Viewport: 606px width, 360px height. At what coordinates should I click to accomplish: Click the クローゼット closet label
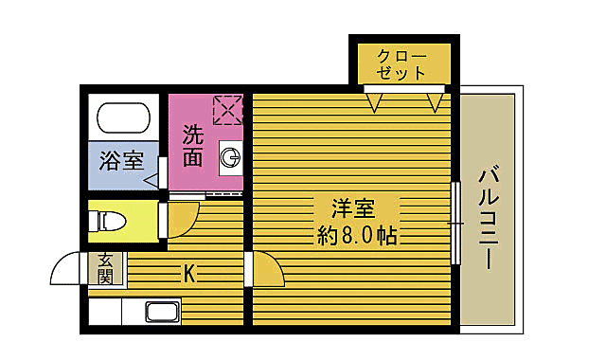[401, 63]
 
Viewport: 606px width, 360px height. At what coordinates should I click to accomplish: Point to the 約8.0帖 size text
[357, 235]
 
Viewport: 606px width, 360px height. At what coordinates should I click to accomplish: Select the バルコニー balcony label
[490, 219]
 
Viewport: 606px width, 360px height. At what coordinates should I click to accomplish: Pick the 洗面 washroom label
[193, 146]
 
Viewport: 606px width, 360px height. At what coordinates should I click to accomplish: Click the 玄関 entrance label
[105, 268]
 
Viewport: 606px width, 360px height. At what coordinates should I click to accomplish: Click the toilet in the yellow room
[108, 221]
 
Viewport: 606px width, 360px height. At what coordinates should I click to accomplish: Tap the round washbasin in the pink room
[229, 157]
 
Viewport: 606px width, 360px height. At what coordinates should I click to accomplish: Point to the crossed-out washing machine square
[227, 110]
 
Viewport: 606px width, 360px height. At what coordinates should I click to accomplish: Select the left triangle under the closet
[374, 100]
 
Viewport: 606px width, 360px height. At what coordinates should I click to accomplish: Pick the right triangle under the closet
[436, 100]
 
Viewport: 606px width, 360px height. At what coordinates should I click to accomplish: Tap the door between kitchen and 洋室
[265, 271]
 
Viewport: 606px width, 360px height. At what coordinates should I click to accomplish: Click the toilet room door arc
[180, 220]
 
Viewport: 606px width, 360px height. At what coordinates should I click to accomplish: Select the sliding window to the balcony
[455, 223]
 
